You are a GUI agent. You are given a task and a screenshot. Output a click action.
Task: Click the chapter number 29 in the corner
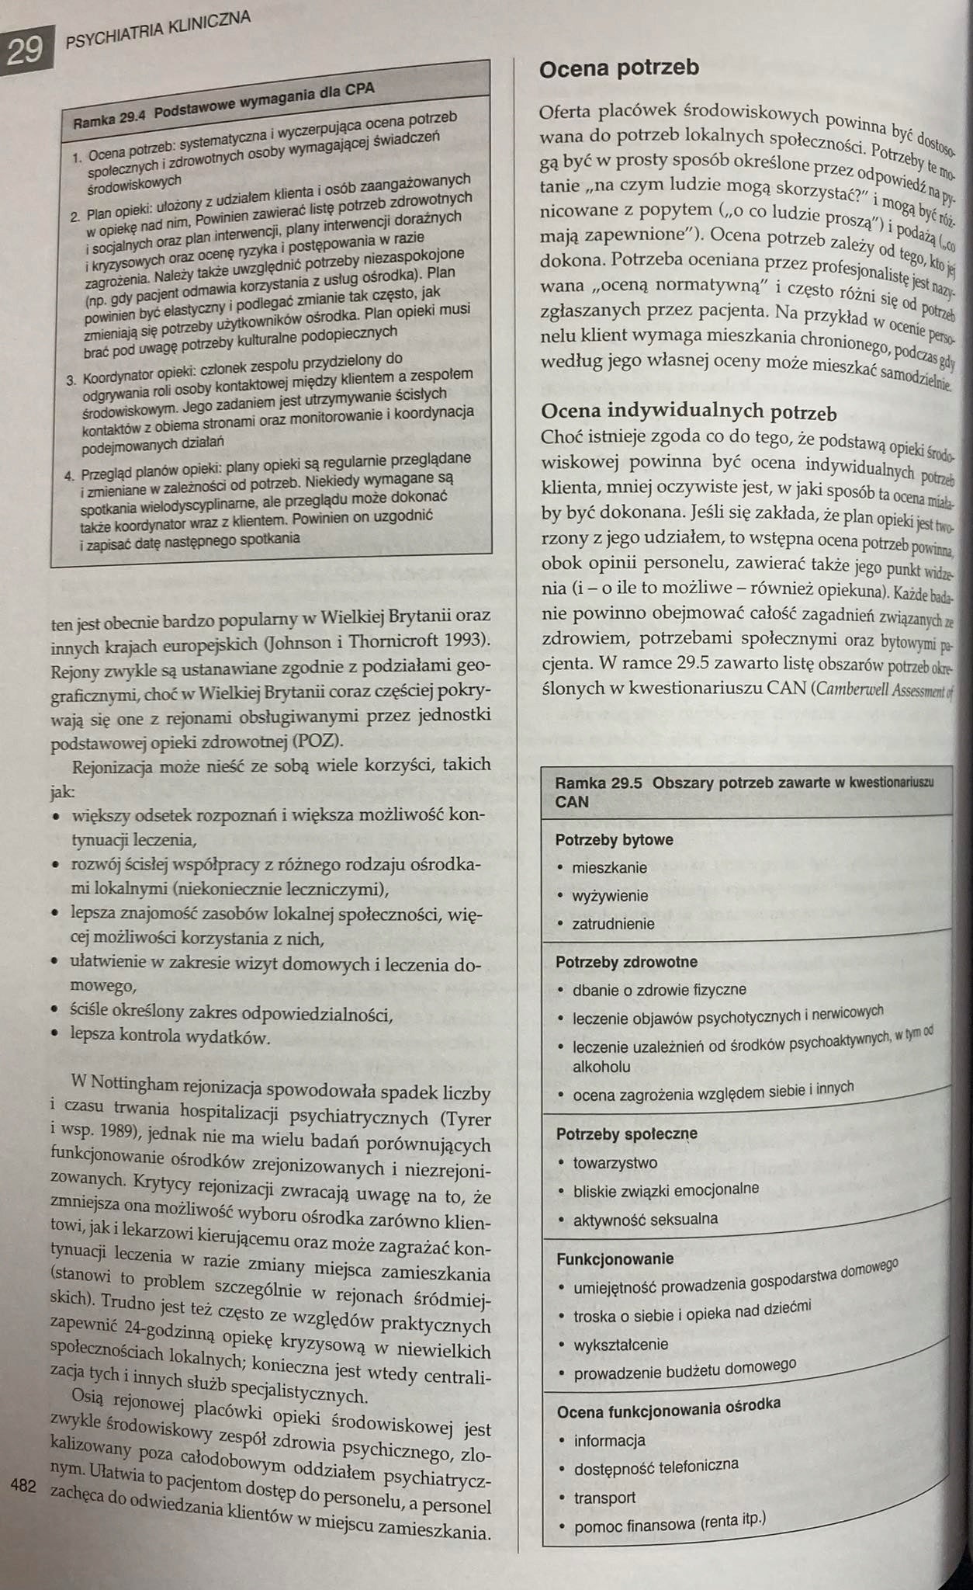[25, 51]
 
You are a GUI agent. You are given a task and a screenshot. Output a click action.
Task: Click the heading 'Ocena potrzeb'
[618, 68]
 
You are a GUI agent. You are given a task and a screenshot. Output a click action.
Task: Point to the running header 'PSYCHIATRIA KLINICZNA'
[159, 30]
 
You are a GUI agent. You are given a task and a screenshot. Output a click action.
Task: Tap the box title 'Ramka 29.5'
[599, 784]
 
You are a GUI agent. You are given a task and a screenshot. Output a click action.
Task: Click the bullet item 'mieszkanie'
[609, 868]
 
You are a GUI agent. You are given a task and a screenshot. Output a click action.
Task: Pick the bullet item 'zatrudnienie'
[613, 925]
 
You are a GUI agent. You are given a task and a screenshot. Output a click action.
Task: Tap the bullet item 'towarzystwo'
[615, 1163]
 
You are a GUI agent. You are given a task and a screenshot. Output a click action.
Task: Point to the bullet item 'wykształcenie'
[620, 1345]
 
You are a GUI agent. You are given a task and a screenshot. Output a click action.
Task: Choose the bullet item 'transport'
[604, 1498]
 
